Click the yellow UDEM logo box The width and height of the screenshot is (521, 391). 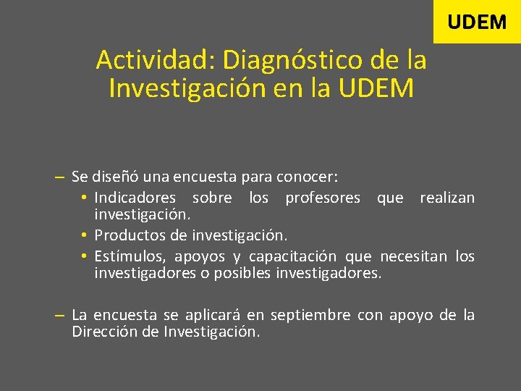point(477,22)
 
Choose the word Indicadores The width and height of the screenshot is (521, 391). point(135,198)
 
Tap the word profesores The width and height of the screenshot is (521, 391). point(323,198)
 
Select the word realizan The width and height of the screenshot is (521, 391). point(447,198)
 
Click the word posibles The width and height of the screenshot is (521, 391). point(242,274)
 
